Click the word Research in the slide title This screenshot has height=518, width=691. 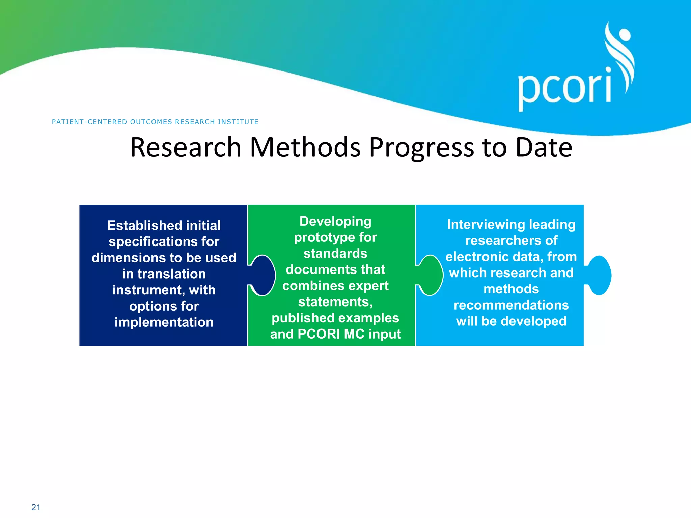186,147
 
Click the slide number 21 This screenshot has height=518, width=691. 36,507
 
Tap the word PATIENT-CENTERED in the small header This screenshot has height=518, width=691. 90,122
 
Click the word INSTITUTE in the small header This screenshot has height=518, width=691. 238,122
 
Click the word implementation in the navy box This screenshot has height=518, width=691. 164,322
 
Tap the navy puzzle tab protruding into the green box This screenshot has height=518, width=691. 264,275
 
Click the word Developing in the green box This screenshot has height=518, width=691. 335,221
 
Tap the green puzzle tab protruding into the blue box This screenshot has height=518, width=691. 431,275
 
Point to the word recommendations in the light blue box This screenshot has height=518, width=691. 511,305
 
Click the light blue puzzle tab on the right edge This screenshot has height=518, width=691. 599,275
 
